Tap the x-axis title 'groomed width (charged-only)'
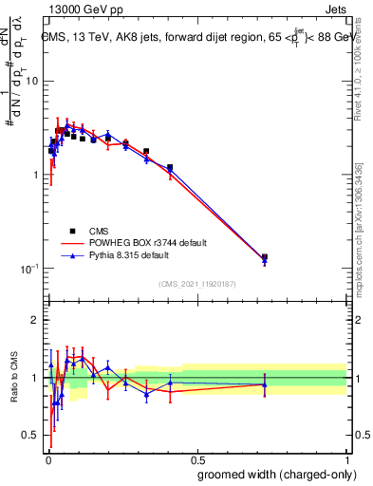click(276, 474)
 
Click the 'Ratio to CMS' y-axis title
click(13, 379)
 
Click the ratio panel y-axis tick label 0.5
click(30, 436)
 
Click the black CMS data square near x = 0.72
click(265, 257)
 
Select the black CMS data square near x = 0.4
click(170, 168)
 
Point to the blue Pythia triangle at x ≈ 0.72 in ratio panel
click(265, 384)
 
